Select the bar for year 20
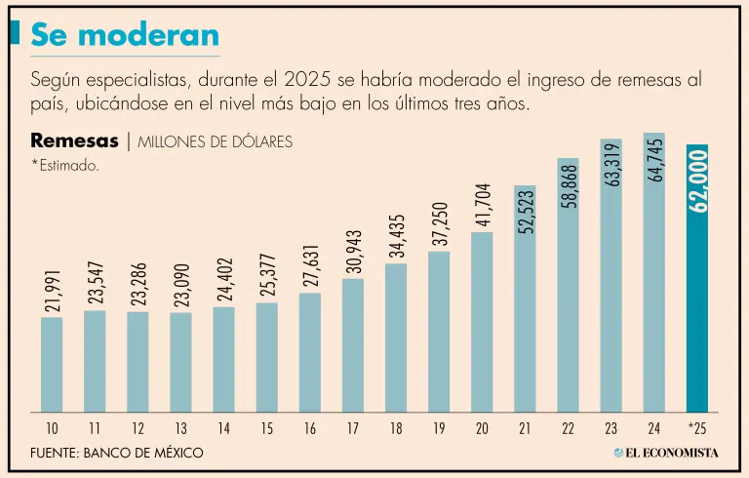tap(482, 322)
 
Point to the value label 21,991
tap(52, 289)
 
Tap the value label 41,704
tap(482, 204)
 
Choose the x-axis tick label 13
tap(180, 427)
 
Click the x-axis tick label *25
tap(696, 427)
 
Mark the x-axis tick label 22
tap(568, 427)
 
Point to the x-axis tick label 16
tap(310, 427)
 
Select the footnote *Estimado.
tap(65, 166)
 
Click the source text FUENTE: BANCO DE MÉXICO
tap(117, 454)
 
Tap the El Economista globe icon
tap(618, 453)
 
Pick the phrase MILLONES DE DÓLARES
tap(215, 141)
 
